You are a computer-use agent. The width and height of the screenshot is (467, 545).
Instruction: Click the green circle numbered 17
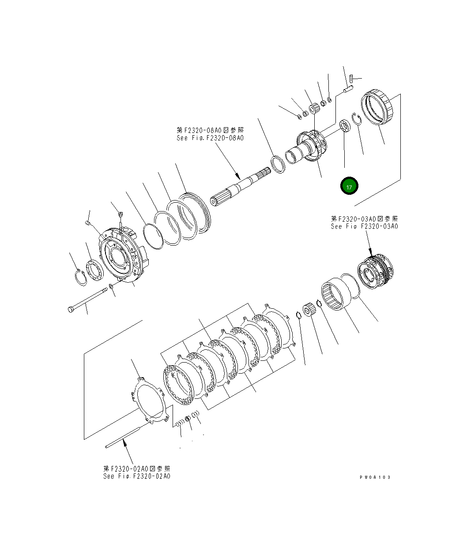point(349,187)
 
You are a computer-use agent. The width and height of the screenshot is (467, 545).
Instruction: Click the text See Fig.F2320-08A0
point(210,138)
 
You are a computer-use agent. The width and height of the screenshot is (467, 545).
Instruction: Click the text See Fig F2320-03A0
point(365,226)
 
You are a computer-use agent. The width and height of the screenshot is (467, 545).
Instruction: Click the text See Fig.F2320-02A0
point(137,476)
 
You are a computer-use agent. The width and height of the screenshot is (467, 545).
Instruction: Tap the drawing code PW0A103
point(375,477)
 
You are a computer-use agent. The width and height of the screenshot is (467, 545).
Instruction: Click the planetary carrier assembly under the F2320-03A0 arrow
point(375,272)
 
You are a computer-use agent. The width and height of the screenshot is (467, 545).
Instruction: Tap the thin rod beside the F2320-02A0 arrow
point(124,437)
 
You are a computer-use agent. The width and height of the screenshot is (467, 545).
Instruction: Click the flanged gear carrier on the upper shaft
point(312,146)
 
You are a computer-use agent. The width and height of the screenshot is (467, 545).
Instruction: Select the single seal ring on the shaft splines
point(278,164)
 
